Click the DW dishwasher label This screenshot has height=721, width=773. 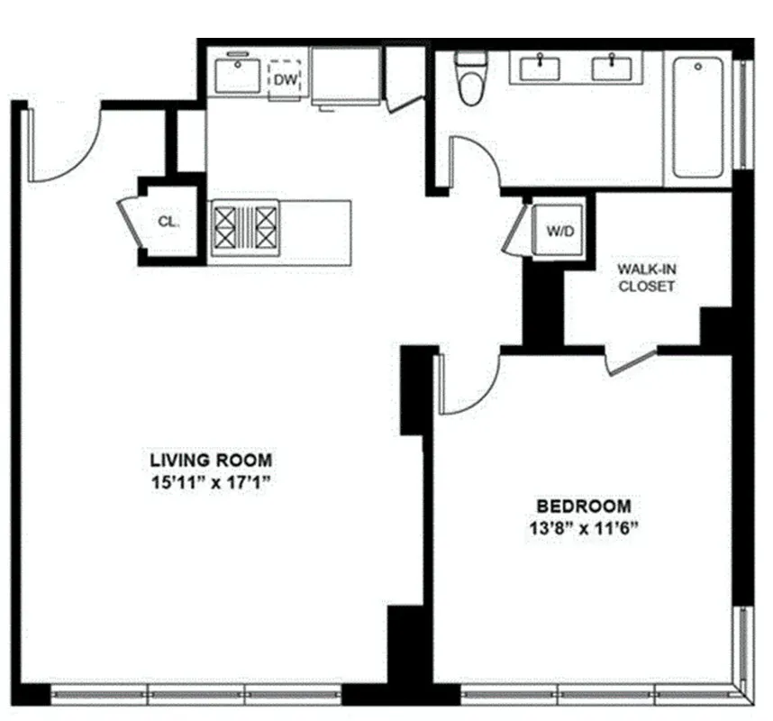tap(286, 80)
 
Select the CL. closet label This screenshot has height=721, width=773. tap(168, 222)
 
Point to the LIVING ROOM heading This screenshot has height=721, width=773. tap(211, 460)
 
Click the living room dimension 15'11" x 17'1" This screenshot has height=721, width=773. tap(211, 482)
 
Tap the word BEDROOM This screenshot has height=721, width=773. tap(584, 506)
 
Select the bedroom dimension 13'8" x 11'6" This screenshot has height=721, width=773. tap(584, 528)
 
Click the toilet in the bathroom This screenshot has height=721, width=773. tap(469, 80)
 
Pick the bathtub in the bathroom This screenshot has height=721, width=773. tap(698, 117)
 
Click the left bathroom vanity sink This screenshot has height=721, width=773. tap(541, 68)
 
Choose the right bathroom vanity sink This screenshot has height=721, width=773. tap(612, 68)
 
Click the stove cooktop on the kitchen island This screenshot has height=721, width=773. tap(244, 226)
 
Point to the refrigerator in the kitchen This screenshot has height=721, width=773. tap(347, 76)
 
